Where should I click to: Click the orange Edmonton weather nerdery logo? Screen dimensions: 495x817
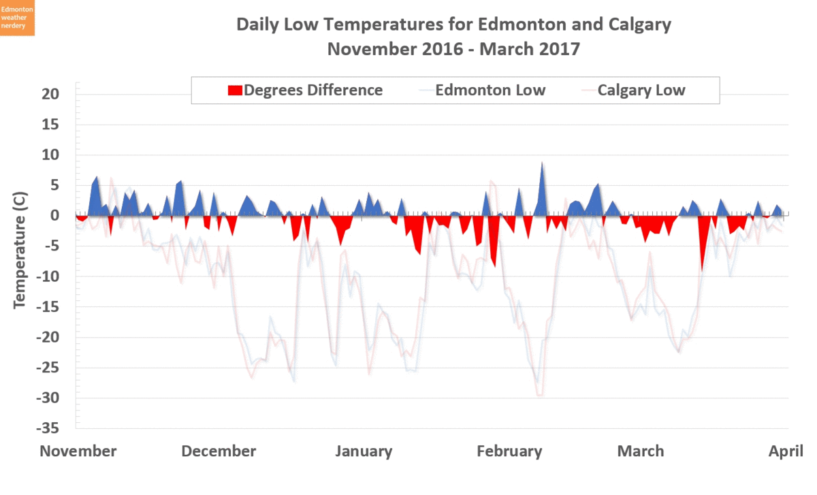pos(17,18)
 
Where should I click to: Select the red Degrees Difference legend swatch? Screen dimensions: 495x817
pos(234,91)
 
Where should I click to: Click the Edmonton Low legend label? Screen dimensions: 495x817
pos(490,91)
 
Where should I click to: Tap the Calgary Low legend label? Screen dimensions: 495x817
pos(641,91)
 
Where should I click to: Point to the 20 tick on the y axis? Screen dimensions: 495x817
pos(52,94)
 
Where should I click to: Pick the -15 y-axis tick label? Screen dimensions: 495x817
pos(49,307)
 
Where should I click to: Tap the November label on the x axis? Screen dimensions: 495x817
pos(78,451)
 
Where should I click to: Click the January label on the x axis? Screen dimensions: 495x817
pos(364,451)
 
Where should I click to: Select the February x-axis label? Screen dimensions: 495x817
pos(509,451)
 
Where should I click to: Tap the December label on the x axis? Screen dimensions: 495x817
pos(219,451)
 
